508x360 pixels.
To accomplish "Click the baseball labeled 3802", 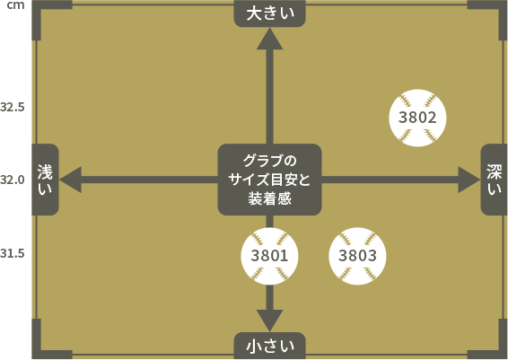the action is [417, 118].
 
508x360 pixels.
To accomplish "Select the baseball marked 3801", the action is [269, 256].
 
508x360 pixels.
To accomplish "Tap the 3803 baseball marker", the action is [357, 256].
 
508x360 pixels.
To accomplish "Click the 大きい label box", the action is [269, 13].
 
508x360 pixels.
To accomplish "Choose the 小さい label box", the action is [269, 346].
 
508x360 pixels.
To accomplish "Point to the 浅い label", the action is [45, 180].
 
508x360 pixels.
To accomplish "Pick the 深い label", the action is [494, 180].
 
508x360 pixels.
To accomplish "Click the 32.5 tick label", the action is [13, 107].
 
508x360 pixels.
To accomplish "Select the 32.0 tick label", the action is [13, 180].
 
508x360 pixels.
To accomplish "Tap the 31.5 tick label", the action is [13, 253].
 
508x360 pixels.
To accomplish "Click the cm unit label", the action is [15, 5].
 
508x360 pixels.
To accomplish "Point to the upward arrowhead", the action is [269, 39].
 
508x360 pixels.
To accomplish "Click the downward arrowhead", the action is [269, 320].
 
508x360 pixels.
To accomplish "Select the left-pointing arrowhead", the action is [70, 180].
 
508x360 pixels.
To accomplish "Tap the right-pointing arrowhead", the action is [469, 180].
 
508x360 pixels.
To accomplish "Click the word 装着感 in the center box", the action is [269, 198].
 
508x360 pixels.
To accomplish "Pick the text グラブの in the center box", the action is [269, 161].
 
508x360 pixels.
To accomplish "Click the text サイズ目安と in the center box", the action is [269, 180].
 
